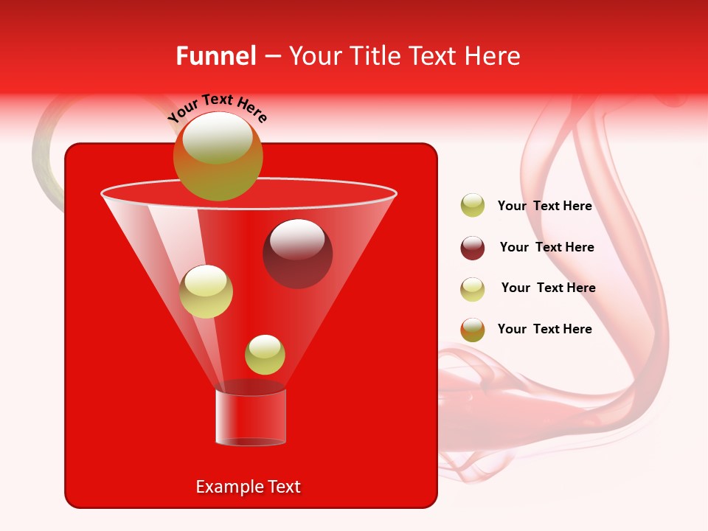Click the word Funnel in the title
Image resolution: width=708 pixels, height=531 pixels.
pos(215,56)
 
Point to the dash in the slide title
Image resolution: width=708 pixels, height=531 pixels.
pos(271,57)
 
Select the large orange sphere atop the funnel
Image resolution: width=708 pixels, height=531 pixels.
pos(218,156)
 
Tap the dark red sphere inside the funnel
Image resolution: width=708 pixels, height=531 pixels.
pos(297,254)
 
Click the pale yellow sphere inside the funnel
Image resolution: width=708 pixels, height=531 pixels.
pos(206,291)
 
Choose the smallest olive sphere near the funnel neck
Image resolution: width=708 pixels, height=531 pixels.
pos(265,355)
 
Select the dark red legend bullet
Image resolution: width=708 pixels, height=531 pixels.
pos(473,248)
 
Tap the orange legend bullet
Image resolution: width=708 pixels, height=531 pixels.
pos(473,330)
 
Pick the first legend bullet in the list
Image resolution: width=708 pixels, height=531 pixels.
pos(473,206)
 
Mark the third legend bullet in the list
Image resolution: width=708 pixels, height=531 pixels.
pos(473,289)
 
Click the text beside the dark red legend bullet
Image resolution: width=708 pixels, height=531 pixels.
pos(546,247)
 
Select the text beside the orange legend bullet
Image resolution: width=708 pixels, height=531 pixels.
pos(544,329)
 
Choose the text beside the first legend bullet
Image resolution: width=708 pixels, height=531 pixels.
pos(544,206)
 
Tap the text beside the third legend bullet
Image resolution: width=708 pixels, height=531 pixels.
pos(548,288)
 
